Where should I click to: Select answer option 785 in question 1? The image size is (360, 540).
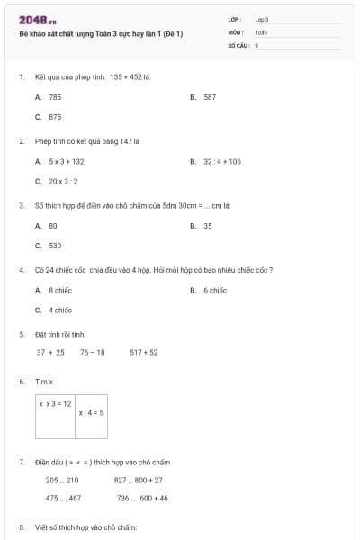click(x=54, y=96)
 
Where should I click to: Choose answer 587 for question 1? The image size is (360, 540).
click(x=209, y=96)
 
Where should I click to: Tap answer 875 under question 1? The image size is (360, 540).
click(x=54, y=117)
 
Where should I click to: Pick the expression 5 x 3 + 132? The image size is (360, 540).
click(x=66, y=161)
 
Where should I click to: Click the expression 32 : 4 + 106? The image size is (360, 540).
click(x=222, y=161)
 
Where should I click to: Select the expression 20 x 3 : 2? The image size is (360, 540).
click(x=64, y=181)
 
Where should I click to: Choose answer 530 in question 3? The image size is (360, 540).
click(x=54, y=245)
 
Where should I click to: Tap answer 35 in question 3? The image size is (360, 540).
click(x=208, y=225)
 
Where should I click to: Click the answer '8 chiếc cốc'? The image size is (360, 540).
click(x=61, y=290)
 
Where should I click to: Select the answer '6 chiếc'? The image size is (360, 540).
click(x=214, y=290)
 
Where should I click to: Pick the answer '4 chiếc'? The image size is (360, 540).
click(x=59, y=310)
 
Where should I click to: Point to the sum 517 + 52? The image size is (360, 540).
click(x=143, y=352)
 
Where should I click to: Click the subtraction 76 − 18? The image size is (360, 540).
click(x=92, y=352)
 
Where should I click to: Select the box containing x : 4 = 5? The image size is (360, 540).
click(x=91, y=416)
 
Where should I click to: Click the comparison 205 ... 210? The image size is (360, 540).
click(x=62, y=480)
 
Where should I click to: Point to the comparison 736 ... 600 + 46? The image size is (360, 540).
click(x=142, y=498)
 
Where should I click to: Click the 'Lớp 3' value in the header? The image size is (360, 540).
click(x=262, y=18)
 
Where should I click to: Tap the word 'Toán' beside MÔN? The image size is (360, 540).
click(x=261, y=31)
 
